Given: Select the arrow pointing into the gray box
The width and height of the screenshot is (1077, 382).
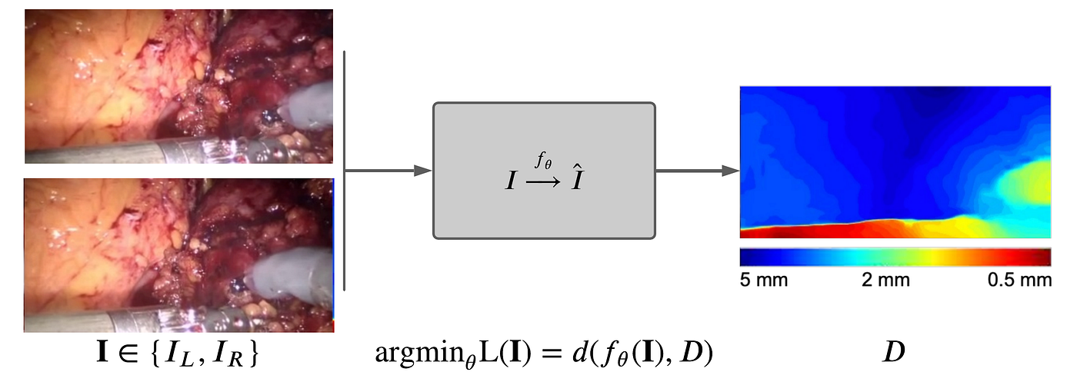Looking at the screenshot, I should click(x=388, y=171).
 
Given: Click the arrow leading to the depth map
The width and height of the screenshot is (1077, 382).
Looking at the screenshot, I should click(x=696, y=171).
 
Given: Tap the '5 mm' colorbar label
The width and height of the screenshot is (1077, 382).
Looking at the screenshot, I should click(x=763, y=280).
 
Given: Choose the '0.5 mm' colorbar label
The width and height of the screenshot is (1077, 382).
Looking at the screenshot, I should click(x=1019, y=280).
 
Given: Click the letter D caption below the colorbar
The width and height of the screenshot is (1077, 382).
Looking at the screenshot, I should click(x=894, y=353).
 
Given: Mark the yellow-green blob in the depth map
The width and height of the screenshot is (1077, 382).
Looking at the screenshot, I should click(x=1023, y=188).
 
